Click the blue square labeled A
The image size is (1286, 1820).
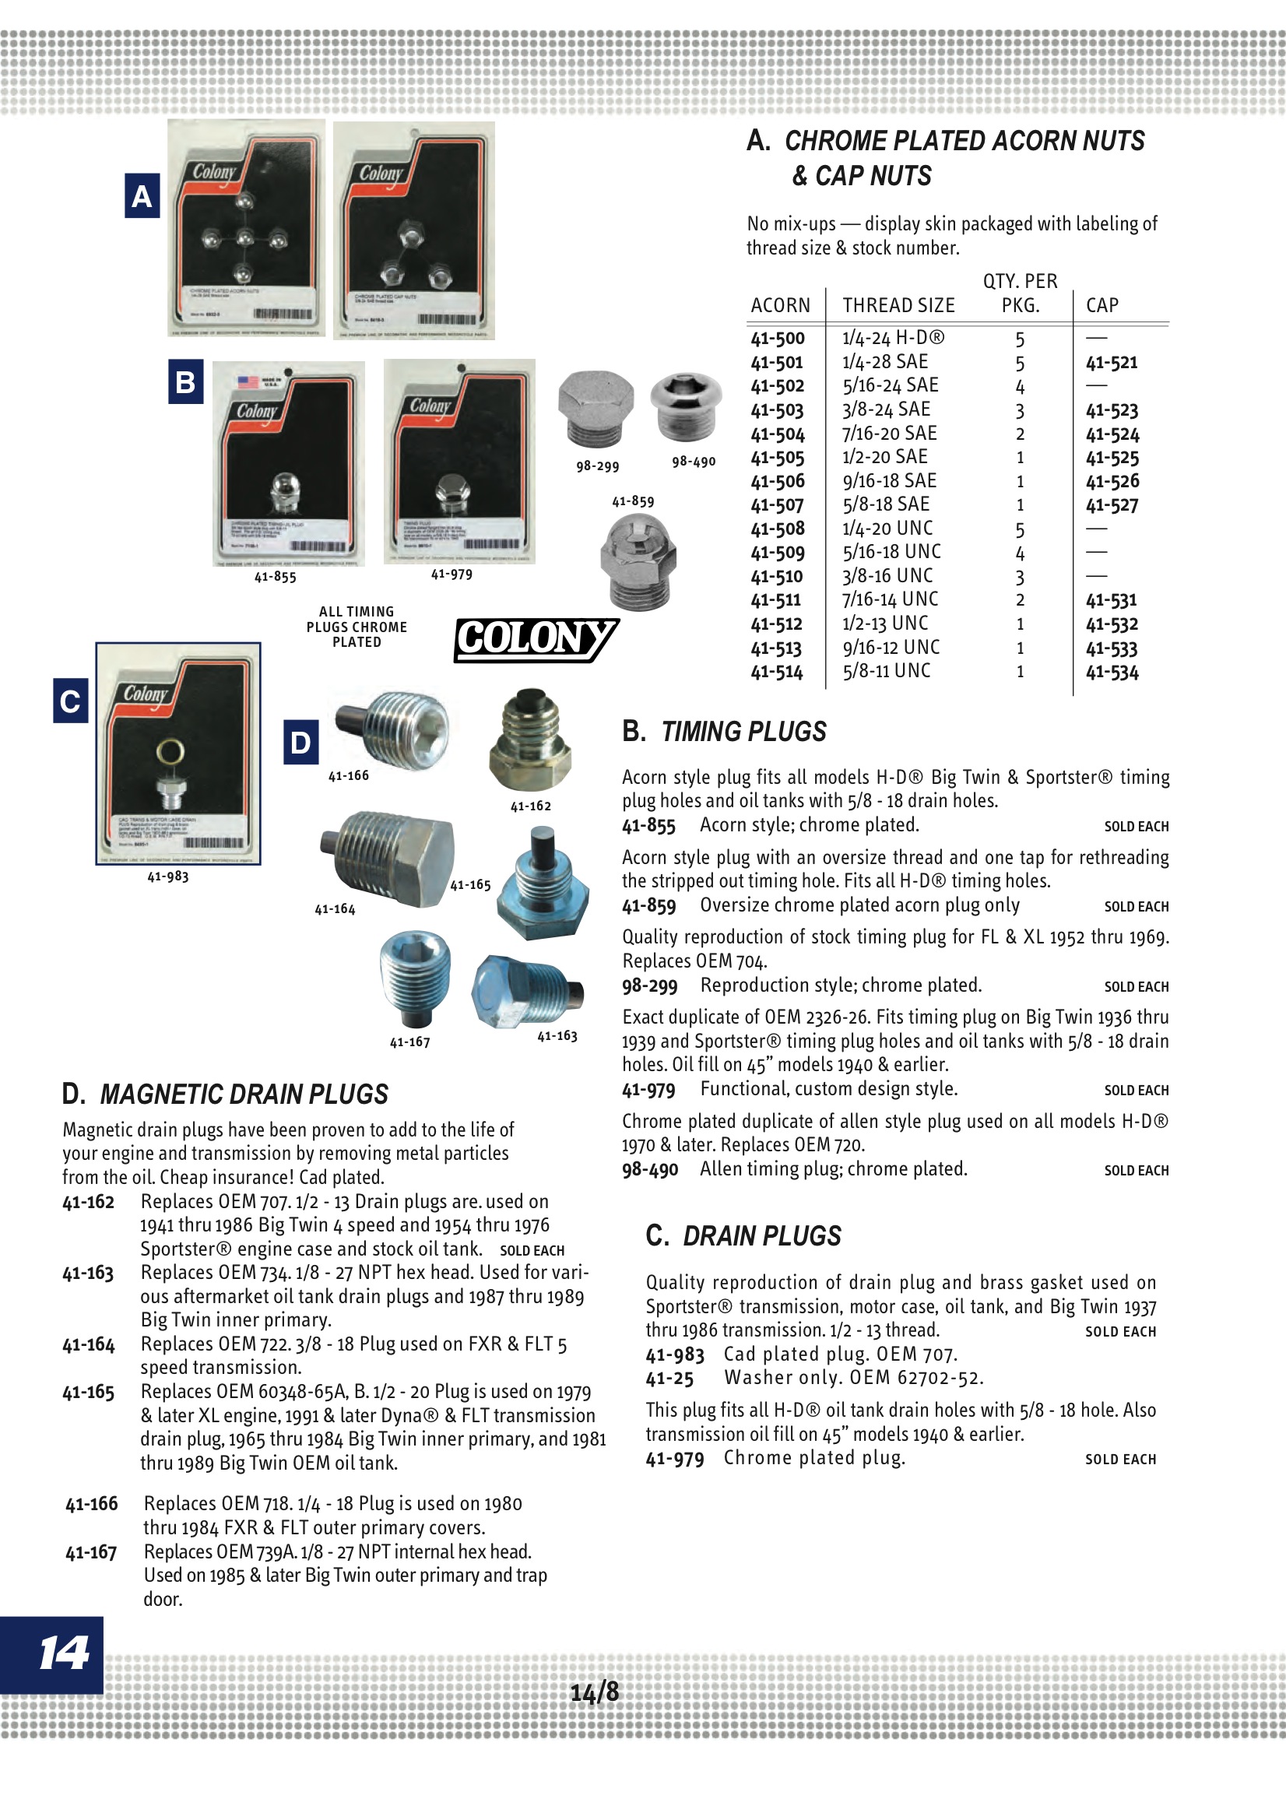(x=142, y=196)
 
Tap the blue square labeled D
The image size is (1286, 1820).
(x=300, y=742)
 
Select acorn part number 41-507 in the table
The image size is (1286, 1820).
(x=777, y=505)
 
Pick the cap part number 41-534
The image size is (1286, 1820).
(x=1112, y=673)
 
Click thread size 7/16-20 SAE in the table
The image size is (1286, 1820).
(x=889, y=434)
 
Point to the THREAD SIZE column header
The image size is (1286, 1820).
(x=898, y=306)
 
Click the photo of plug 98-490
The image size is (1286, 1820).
(x=685, y=405)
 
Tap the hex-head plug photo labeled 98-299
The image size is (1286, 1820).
(x=596, y=408)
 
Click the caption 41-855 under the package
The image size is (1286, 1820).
(x=275, y=577)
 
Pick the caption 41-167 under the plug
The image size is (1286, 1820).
(x=410, y=1042)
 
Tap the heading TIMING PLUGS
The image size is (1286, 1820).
(x=743, y=732)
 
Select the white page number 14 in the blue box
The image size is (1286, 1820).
(x=63, y=1654)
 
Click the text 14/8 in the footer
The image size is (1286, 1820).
(x=595, y=1693)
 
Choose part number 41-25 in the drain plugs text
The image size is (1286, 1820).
(x=669, y=1379)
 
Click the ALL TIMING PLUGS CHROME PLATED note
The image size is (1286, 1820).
(x=357, y=627)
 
